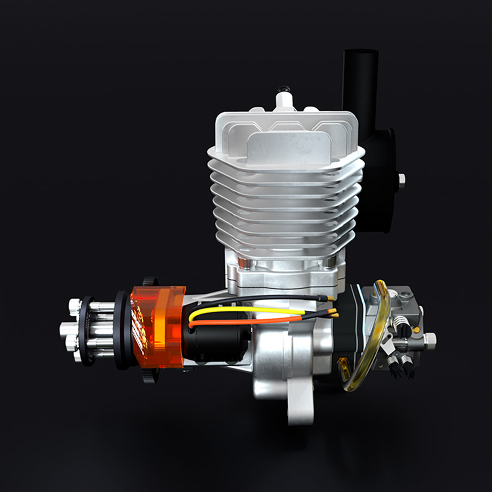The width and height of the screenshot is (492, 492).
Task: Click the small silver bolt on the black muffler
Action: point(402,178)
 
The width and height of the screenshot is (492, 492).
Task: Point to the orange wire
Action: point(250,319)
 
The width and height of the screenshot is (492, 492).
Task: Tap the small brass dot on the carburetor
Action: point(417,329)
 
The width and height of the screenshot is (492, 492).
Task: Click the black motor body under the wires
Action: point(215,340)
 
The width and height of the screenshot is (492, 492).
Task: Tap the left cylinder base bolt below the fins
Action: point(242,262)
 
